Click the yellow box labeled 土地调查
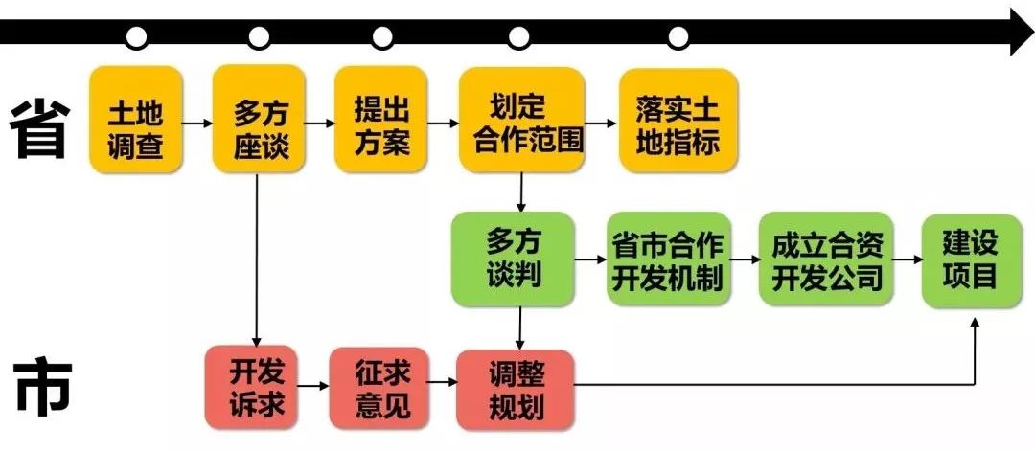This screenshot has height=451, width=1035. (x=136, y=120)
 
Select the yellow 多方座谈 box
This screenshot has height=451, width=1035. (x=259, y=120)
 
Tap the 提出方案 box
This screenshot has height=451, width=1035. (x=380, y=120)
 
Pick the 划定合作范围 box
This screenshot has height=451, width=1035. (x=522, y=120)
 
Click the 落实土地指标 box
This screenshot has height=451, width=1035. (x=678, y=120)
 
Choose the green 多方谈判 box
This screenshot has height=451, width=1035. (x=513, y=259)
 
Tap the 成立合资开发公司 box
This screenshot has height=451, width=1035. (x=827, y=259)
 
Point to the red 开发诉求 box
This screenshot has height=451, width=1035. (x=252, y=387)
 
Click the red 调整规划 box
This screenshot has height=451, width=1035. (x=516, y=387)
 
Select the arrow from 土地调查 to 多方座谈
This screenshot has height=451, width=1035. (x=197, y=124)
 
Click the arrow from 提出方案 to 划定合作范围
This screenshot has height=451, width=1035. (x=443, y=124)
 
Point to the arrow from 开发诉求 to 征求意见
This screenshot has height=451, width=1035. (x=313, y=386)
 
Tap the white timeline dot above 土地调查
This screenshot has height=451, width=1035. (x=137, y=38)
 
